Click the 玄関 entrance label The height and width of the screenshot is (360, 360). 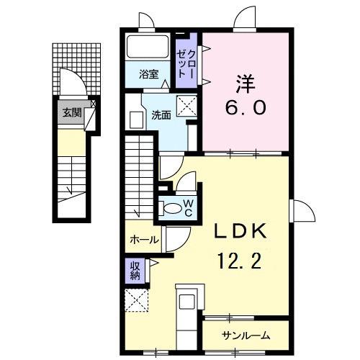tap(71, 112)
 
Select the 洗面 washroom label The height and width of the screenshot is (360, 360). tap(161, 114)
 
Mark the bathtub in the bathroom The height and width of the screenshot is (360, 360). tap(148, 49)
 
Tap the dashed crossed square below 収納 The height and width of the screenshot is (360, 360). tap(135, 300)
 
